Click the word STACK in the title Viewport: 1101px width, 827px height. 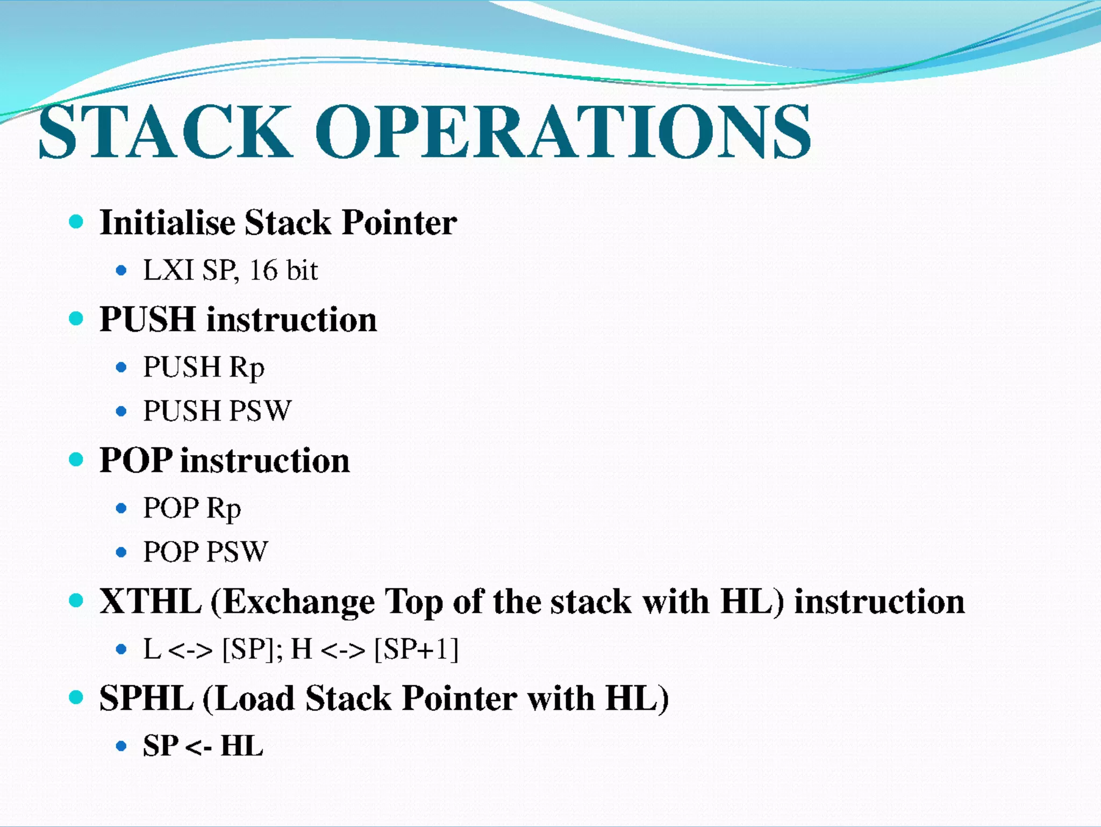click(x=165, y=132)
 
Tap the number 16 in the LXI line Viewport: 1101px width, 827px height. click(x=263, y=270)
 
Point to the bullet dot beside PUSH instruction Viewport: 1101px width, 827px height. click(x=76, y=319)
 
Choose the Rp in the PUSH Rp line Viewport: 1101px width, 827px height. click(x=247, y=368)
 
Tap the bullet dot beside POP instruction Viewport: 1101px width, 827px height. click(x=76, y=459)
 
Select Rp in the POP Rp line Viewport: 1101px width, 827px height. click(x=224, y=508)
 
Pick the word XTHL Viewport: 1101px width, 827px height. click(x=151, y=601)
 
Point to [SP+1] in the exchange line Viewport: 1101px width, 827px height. click(x=416, y=649)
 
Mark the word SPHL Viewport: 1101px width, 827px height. click(x=146, y=699)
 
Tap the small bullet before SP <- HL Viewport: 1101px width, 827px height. click(x=121, y=746)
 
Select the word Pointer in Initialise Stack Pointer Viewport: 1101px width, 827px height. click(x=399, y=222)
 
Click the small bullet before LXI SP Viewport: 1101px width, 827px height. click(x=121, y=270)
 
